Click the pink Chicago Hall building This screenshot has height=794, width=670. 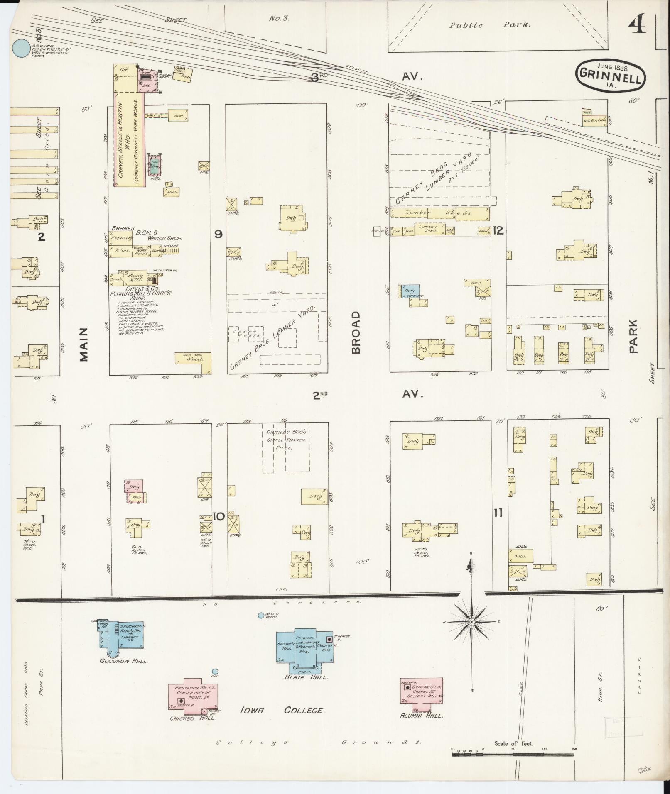[193, 695]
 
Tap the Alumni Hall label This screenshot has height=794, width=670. [421, 716]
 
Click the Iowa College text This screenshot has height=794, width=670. [282, 711]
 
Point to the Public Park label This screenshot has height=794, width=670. [489, 25]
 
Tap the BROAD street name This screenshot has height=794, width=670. [356, 332]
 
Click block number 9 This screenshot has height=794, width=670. [218, 234]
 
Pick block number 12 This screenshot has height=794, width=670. [498, 230]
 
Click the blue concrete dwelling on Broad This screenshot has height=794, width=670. [410, 291]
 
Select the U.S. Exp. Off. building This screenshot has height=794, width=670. [594, 120]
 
